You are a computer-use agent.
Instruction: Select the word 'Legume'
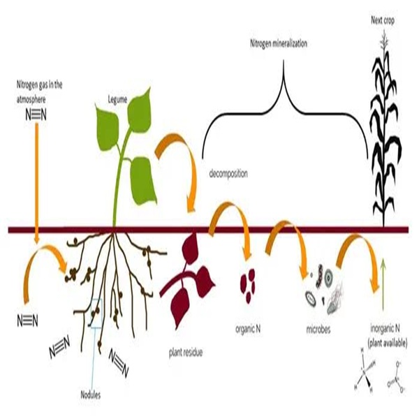[x=117, y=101]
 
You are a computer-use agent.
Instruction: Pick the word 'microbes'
[x=321, y=328]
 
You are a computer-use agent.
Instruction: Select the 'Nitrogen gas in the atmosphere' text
[x=41, y=91]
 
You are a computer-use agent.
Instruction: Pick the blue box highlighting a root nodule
[x=96, y=313]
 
